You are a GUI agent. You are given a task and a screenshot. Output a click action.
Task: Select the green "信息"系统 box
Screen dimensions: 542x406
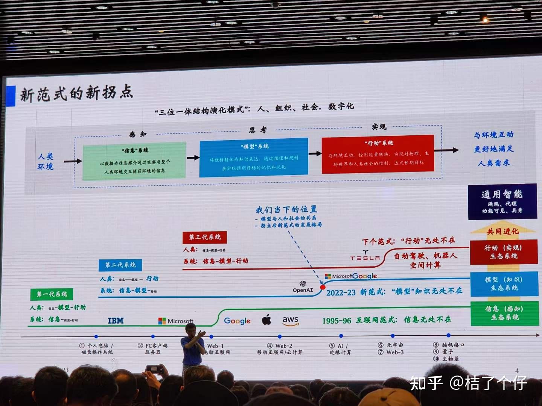[134, 161]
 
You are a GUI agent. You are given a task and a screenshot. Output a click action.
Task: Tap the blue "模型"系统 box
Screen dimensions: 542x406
[254, 158]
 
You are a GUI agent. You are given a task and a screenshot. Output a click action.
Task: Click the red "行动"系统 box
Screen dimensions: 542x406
[378, 154]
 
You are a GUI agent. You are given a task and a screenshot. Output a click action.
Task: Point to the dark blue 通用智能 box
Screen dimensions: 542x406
[502, 201]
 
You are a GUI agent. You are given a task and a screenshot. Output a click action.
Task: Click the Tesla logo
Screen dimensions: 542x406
[365, 256]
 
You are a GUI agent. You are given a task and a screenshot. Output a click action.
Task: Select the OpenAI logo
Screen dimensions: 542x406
[303, 286]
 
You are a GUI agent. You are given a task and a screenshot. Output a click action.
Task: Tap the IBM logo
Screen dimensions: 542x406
[116, 321]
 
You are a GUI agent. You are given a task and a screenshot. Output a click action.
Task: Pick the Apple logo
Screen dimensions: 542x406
[266, 320]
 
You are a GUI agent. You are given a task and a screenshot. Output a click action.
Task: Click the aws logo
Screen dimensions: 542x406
[291, 320]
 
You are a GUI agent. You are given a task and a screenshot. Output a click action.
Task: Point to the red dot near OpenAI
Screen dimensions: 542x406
[323, 287]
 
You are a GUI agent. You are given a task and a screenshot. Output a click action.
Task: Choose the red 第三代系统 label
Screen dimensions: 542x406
[205, 237]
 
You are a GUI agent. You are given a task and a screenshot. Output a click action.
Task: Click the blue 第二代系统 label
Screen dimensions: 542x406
[120, 265]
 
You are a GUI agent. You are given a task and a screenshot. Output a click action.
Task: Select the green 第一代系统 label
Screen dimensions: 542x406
[52, 294]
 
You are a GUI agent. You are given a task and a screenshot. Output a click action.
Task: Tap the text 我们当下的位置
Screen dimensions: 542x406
[286, 210]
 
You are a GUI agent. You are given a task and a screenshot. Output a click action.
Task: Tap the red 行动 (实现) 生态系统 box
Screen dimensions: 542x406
[504, 252]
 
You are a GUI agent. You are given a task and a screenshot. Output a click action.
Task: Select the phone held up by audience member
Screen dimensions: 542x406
[154, 369]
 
